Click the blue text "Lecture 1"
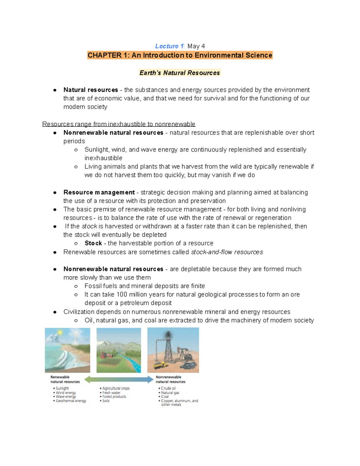(x=169, y=46)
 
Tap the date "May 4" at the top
(x=196, y=46)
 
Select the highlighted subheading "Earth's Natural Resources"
(x=180, y=73)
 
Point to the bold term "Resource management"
(x=99, y=192)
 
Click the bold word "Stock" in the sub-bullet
(x=93, y=243)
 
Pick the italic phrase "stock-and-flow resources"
(x=227, y=252)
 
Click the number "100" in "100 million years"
(x=122, y=294)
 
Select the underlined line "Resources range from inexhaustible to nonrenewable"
(x=119, y=124)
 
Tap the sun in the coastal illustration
(x=60, y=333)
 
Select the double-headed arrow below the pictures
(x=119, y=380)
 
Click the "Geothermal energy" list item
(x=71, y=401)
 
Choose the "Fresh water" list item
(x=111, y=392)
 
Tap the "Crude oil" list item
(x=168, y=388)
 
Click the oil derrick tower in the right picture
(x=168, y=348)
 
